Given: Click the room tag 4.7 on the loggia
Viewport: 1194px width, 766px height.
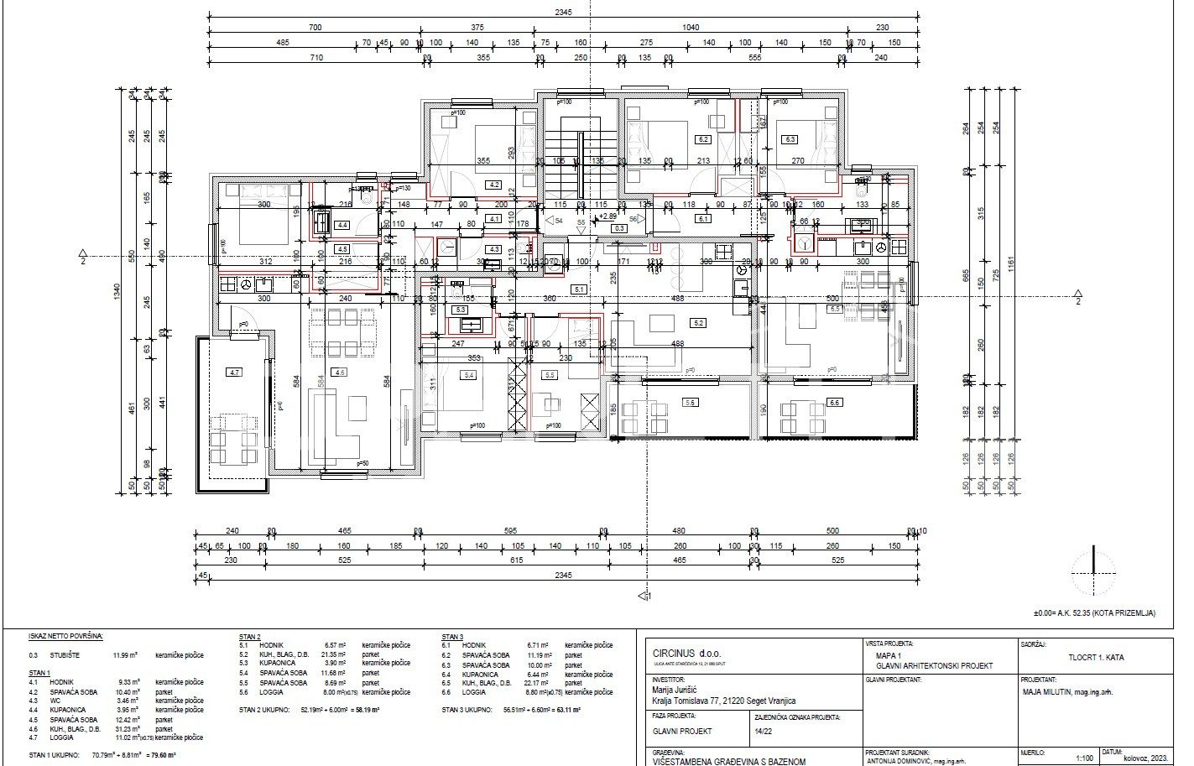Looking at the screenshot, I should (234, 372).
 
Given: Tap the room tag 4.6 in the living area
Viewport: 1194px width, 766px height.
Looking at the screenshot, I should (339, 372).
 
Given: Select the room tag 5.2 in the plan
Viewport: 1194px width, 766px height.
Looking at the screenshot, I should (699, 322).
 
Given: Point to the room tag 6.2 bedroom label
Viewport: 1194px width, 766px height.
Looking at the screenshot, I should (703, 139).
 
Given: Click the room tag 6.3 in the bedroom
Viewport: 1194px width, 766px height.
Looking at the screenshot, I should (790, 139).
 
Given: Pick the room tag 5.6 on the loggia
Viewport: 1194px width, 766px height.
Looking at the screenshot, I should (690, 403).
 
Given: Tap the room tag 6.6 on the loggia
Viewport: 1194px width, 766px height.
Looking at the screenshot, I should (834, 403).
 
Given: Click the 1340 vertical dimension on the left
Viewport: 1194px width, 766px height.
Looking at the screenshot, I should (118, 290).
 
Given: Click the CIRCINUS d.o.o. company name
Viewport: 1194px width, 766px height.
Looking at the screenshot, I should (686, 653).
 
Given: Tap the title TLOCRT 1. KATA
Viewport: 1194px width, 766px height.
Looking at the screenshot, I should (1097, 658).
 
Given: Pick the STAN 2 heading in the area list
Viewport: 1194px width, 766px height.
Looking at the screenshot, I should (250, 637).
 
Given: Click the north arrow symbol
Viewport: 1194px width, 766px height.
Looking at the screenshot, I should (1094, 571).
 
